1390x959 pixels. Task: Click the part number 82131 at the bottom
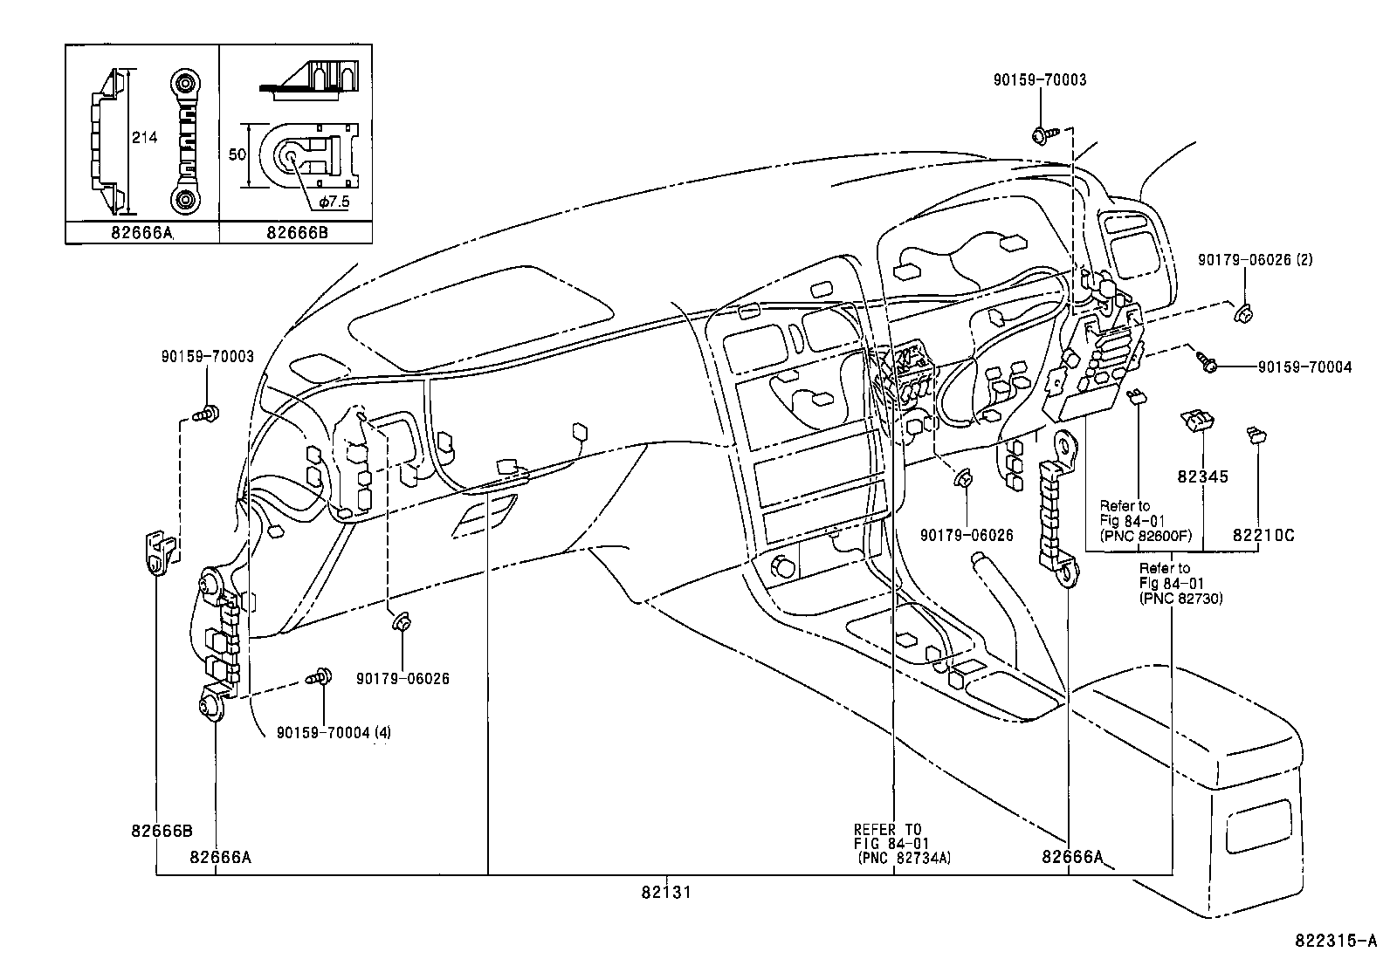[x=666, y=893]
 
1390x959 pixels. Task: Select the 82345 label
[x=1202, y=476]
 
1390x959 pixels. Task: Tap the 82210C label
[x=1263, y=535]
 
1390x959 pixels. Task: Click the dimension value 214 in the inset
[x=144, y=137]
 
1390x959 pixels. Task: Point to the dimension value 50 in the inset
[x=237, y=154]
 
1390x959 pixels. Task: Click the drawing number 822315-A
[x=1335, y=941]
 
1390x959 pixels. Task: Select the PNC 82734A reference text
[x=904, y=858]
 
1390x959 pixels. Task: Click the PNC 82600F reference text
[x=1146, y=535]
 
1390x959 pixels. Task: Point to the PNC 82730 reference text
[x=1180, y=599]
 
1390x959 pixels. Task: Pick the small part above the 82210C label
[x=1256, y=434]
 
